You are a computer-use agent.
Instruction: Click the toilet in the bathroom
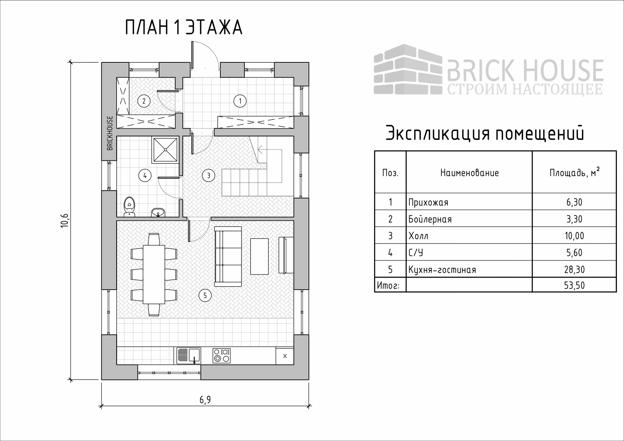pos(130,207)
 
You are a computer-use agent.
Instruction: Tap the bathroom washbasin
pos(158,212)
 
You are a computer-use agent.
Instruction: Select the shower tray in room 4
pos(165,150)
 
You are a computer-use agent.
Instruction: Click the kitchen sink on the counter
pos(189,355)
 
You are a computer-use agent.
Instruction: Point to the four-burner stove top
pos(221,356)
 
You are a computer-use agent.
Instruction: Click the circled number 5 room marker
pos(205,296)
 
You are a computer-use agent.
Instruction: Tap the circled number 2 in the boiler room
pos(144,101)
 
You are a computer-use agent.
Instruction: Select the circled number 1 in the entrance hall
pos(240,101)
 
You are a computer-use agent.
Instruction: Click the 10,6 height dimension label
pos(65,220)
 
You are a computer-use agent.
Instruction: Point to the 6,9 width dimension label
pos(205,400)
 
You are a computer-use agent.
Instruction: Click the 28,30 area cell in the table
pos(574,270)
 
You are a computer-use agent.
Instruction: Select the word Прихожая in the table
pos(428,203)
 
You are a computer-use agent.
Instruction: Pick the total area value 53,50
pos(574,285)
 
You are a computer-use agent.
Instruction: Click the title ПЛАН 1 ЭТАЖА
pos(184,27)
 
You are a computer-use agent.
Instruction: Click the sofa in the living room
pos(228,257)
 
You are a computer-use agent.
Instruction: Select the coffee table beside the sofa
pos(259,257)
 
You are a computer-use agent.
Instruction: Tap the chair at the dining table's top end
pos(154,239)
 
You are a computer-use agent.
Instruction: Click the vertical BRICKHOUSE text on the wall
pos(110,133)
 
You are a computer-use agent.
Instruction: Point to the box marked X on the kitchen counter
pos(285,356)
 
